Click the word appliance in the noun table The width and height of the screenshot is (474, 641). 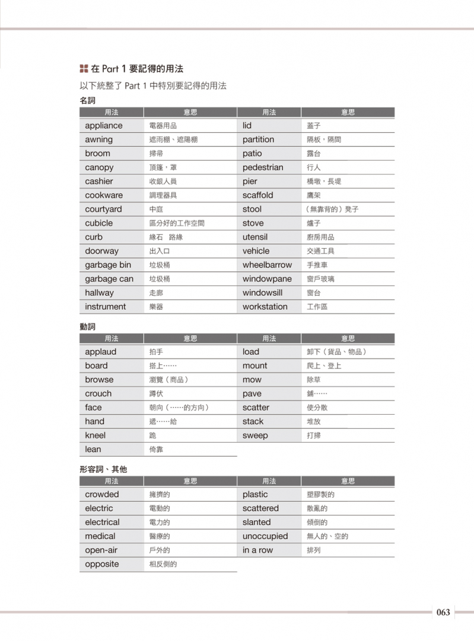pyautogui.click(x=104, y=126)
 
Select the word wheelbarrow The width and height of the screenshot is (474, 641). pyautogui.click(x=267, y=265)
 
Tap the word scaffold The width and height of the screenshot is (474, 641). pyautogui.click(x=257, y=195)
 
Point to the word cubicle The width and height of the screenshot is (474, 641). pyautogui.click(x=98, y=223)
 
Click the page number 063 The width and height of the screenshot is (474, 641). pyautogui.click(x=443, y=613)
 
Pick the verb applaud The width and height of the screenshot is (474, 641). pyautogui.click(x=100, y=352)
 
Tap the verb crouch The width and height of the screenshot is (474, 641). pyautogui.click(x=98, y=393)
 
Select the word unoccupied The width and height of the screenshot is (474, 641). pyautogui.click(x=265, y=536)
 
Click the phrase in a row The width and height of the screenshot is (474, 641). pyautogui.click(x=257, y=550)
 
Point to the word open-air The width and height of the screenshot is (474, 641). pyautogui.click(x=101, y=550)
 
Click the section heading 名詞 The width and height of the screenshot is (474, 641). pyautogui.click(x=87, y=101)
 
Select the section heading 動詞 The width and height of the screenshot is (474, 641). pyautogui.click(x=87, y=326)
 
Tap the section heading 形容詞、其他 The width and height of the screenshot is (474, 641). pyautogui.click(x=103, y=469)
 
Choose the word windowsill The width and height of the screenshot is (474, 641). pyautogui.click(x=262, y=293)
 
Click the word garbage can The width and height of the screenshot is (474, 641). pyautogui.click(x=109, y=279)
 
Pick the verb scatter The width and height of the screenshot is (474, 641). pyautogui.click(x=256, y=408)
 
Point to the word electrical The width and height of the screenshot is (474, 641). pyautogui.click(x=102, y=523)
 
